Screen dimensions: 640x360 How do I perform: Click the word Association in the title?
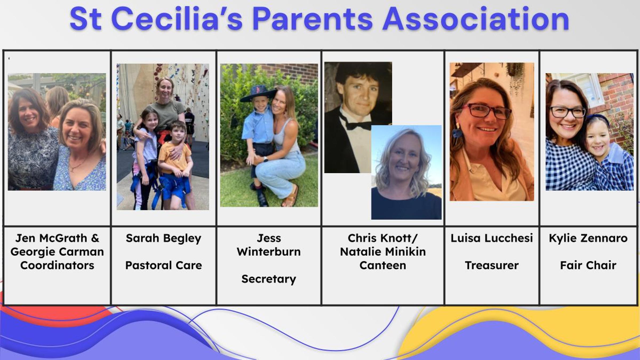pos(476,19)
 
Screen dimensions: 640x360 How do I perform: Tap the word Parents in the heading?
pos(313,19)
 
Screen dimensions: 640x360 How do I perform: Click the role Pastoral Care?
pos(163,265)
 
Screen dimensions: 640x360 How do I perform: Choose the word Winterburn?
pos(269,252)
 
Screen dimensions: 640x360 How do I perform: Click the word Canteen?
pos(383,265)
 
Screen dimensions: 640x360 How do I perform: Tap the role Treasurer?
pos(492,265)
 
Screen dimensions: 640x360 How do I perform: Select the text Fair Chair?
pos(588,265)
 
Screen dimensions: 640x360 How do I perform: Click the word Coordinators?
pos(57,265)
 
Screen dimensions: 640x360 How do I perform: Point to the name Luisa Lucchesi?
pos(492,238)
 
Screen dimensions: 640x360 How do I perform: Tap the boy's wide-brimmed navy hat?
pos(258,93)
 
